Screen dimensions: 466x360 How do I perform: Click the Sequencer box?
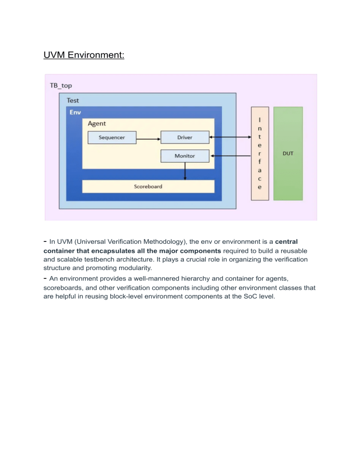112,137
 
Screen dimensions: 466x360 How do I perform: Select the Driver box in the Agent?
185,137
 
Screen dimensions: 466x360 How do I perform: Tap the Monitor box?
185,156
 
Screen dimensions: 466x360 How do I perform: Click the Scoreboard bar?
148,186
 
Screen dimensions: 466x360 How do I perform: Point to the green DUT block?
288,153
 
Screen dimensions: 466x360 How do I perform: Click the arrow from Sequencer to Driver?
148,137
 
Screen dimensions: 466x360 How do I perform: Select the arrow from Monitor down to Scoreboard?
185,171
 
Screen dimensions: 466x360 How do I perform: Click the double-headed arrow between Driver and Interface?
230,137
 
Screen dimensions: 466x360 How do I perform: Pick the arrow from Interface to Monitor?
230,156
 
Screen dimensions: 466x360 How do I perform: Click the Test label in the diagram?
73,100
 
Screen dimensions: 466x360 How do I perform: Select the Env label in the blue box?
75,113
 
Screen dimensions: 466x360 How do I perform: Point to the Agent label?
97,124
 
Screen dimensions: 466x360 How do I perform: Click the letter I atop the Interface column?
260,120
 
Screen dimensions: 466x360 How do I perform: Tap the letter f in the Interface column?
260,162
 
